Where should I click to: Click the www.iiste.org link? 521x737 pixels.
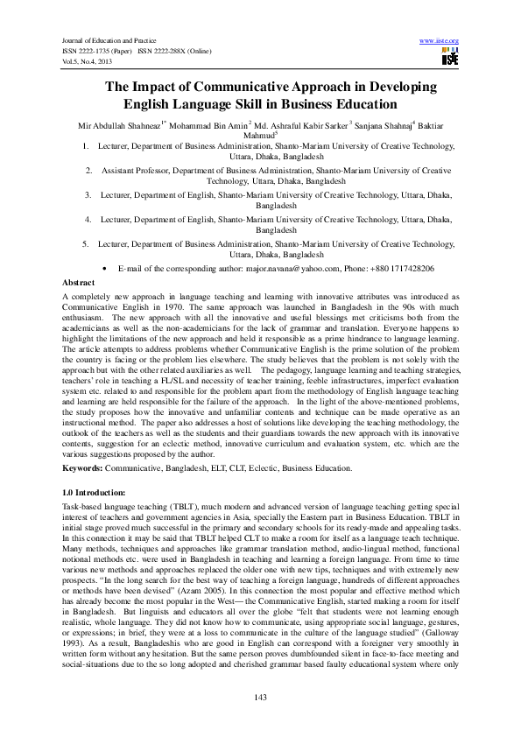pos(440,41)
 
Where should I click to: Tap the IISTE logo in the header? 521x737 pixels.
pos(450,58)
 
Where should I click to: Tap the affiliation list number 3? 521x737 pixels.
pos(88,195)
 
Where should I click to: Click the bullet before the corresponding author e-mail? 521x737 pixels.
pos(104,268)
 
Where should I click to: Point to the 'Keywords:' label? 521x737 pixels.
pos(81,468)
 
